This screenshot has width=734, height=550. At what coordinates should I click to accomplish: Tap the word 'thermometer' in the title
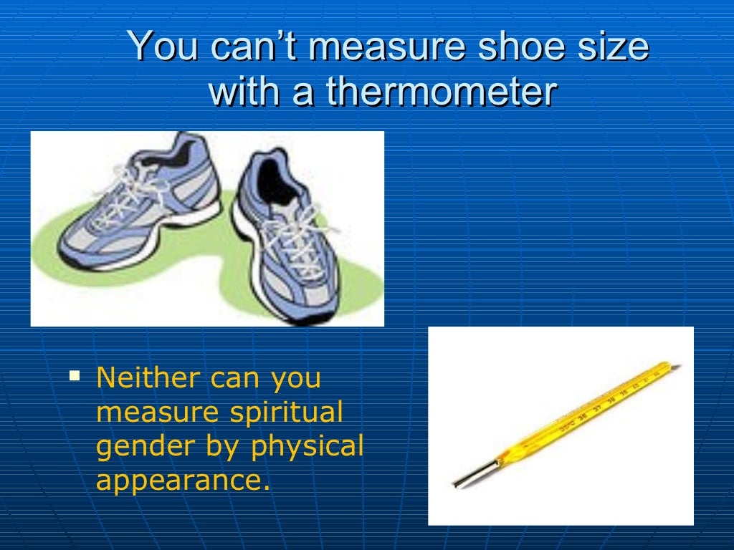[x=442, y=92]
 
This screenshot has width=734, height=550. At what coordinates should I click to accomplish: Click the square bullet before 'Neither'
[x=74, y=374]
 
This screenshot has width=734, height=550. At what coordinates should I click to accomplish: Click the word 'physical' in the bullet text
[x=307, y=447]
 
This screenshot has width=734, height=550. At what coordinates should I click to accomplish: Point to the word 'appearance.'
[x=183, y=481]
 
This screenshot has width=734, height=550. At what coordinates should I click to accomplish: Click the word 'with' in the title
[x=242, y=92]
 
